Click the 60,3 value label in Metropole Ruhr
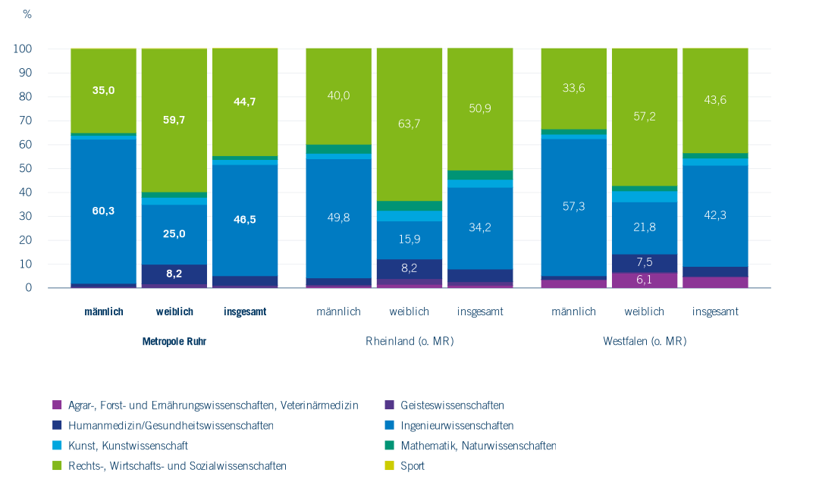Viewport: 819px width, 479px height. point(103,211)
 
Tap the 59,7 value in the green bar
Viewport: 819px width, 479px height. point(174,118)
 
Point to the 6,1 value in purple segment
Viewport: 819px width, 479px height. point(644,280)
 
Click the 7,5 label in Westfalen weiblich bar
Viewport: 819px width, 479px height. point(644,262)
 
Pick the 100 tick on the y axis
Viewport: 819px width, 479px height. point(23,49)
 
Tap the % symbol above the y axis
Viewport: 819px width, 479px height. point(27,14)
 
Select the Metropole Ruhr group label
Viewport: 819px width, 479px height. point(174,341)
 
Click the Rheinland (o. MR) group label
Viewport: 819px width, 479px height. point(409,341)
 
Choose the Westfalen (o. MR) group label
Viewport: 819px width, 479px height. point(645,341)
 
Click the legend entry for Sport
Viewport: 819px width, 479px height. point(414,466)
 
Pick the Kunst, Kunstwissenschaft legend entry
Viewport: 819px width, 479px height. point(127,446)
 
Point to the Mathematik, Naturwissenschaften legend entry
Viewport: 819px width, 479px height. point(478,446)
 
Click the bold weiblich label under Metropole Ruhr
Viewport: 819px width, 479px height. point(174,312)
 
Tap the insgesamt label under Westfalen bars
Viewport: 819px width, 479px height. point(715,312)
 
